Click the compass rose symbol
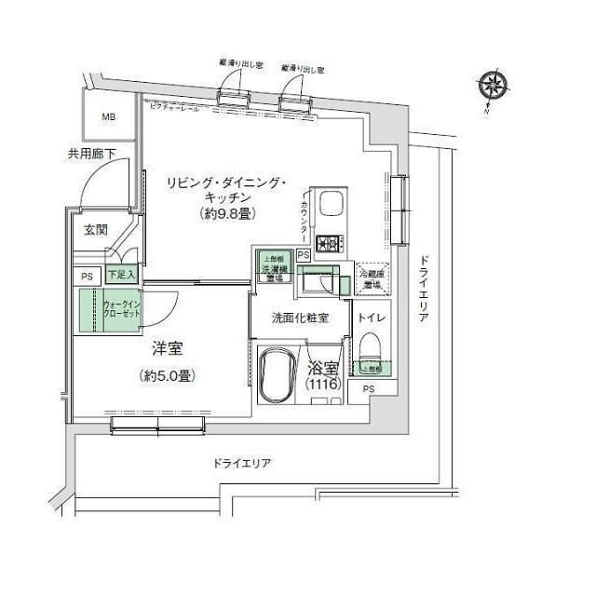(x=494, y=88)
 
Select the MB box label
(x=109, y=117)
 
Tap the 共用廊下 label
(x=89, y=155)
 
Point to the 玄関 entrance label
(x=95, y=231)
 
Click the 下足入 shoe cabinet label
(x=120, y=276)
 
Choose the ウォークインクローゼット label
(x=120, y=308)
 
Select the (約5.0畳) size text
(x=168, y=375)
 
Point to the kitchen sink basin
(x=332, y=206)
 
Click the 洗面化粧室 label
(x=299, y=318)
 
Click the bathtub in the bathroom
(x=278, y=377)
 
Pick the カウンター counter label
(x=305, y=218)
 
